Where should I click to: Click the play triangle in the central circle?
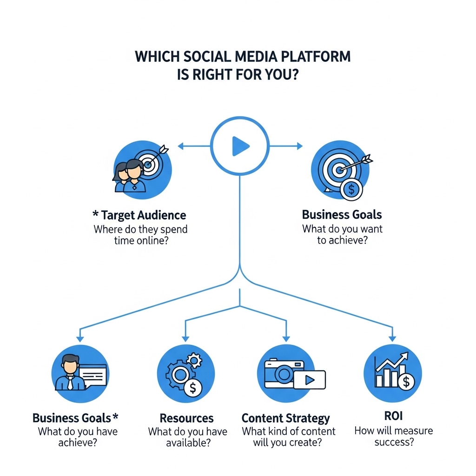pos(240,146)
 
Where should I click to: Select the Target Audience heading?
pos(143,215)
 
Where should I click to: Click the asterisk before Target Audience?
pos(95,213)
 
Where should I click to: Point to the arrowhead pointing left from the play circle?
pos(181,146)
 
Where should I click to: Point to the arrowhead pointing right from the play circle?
pos(300,146)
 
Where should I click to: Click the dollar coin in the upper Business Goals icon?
pos(351,190)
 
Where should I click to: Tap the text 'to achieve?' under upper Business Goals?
pos(343,240)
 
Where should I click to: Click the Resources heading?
pos(187,418)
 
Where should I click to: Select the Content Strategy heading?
pos(286,418)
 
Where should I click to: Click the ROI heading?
pos(393,416)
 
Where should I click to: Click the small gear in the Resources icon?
pos(194,360)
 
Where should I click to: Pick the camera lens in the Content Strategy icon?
pos(284,374)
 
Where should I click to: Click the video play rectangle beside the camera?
pos(310,380)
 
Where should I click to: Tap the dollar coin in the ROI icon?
pos(406,382)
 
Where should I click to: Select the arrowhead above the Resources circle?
pos(185,339)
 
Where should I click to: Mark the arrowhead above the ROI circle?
pos(392,338)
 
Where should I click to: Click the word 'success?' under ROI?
pos(394,442)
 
